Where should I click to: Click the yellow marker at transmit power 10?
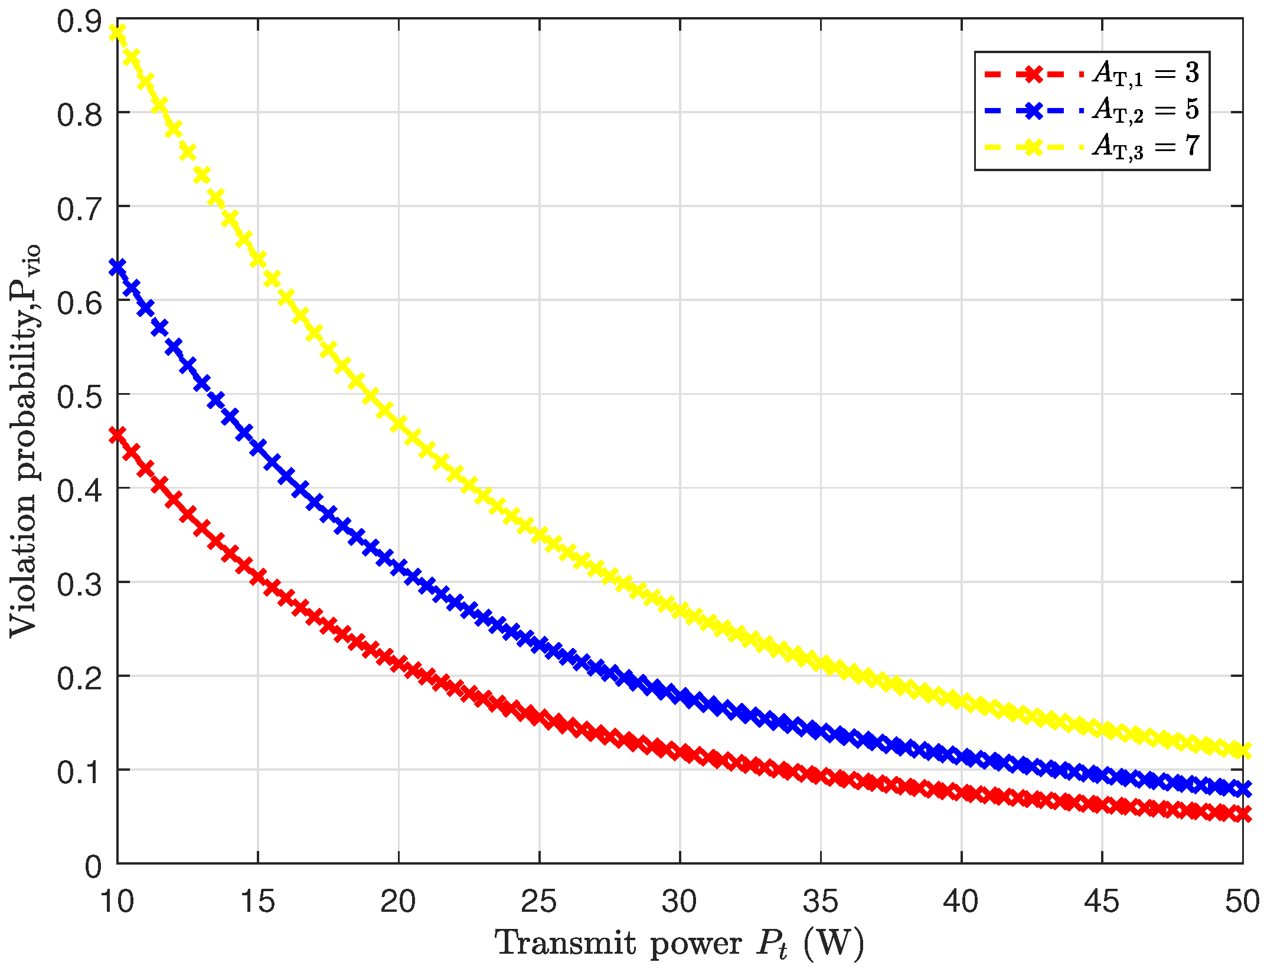117,32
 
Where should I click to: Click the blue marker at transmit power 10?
117,267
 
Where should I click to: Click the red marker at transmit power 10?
117,436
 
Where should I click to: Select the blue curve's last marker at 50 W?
1243,788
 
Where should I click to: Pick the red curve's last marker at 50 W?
1243,814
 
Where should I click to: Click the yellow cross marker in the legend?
1033,146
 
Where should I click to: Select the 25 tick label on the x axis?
539,902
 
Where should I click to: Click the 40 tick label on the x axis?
961,902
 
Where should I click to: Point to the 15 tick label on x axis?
258,902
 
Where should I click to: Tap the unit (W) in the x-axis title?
834,942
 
